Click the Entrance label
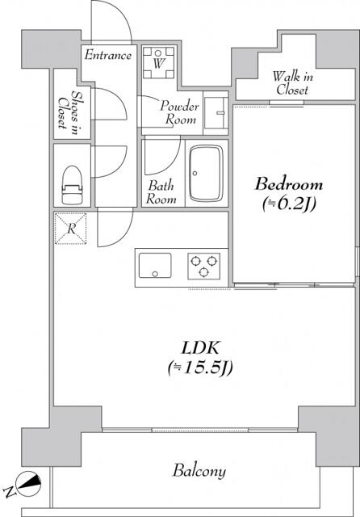[x=107, y=55]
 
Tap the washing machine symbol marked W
[x=158, y=63]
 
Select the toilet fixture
[x=72, y=185]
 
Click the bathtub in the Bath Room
[x=206, y=173]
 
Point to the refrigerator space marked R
[x=71, y=229]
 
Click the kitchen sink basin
[x=155, y=266]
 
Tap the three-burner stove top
[x=204, y=266]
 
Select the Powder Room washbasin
[x=216, y=113]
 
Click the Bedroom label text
[x=288, y=184]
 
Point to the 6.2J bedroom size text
[x=289, y=204]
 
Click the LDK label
[x=201, y=348]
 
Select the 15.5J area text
[x=200, y=368]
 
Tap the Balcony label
[x=199, y=471]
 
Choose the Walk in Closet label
[x=292, y=83]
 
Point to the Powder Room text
[x=179, y=112]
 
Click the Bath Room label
[x=161, y=192]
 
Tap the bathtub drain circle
[x=195, y=173]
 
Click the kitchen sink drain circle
[x=155, y=274]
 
